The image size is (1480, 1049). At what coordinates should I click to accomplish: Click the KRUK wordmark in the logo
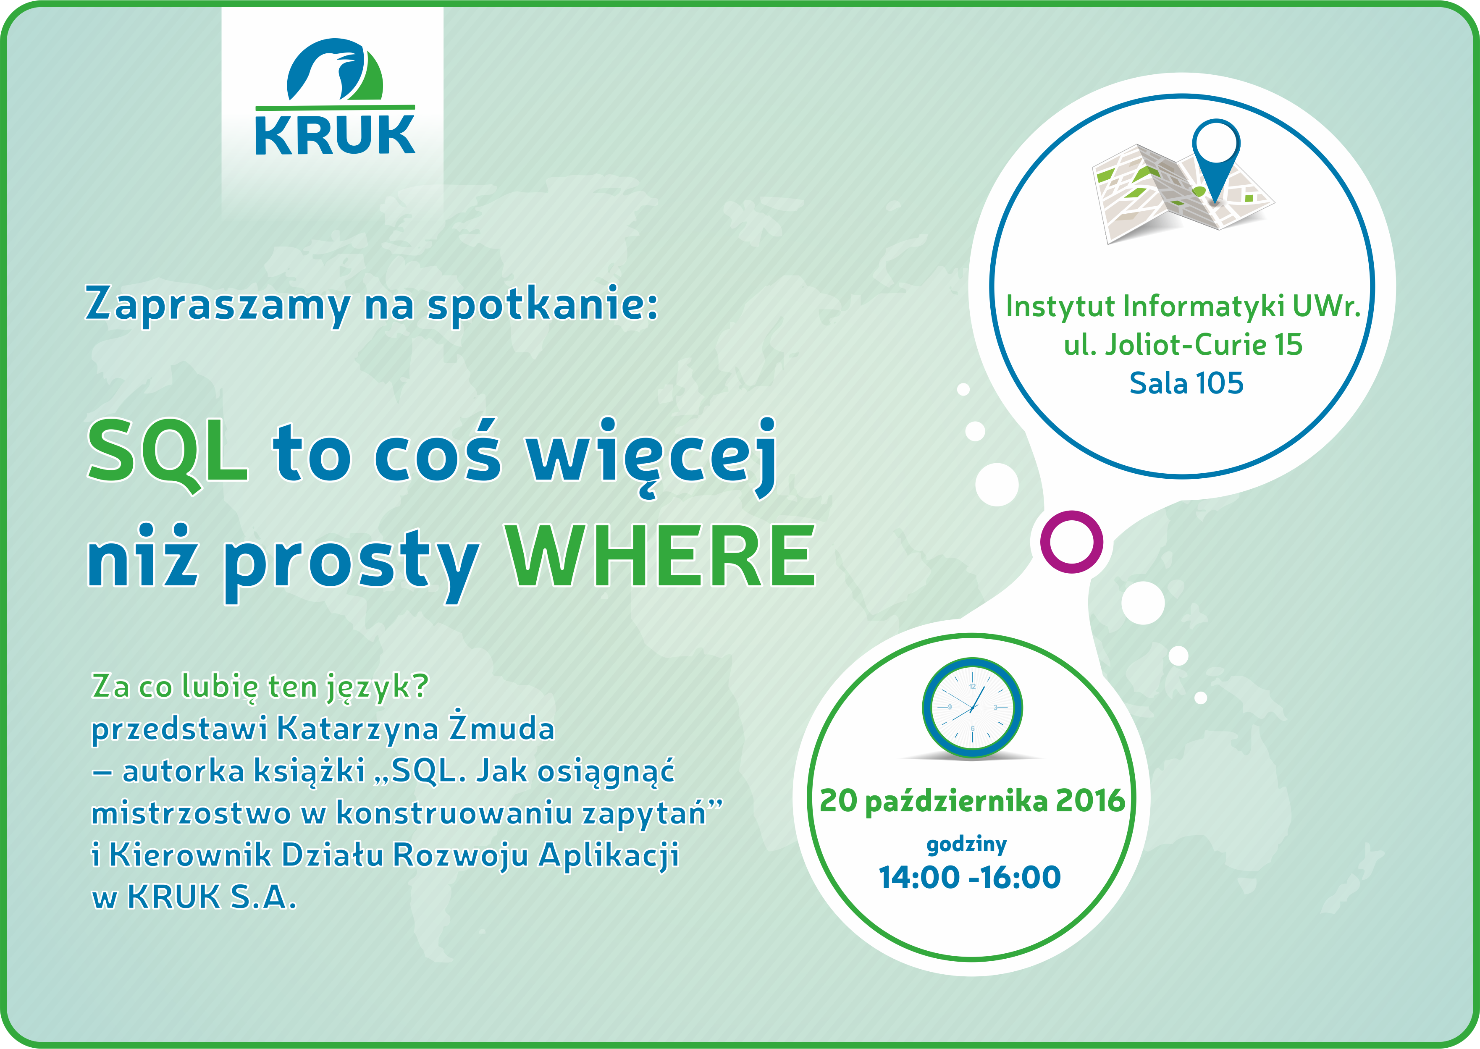[335, 135]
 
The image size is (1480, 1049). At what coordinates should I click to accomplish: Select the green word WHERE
[660, 556]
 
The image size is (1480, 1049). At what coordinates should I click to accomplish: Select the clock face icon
[972, 707]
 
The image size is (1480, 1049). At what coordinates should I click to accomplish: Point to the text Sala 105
[1186, 383]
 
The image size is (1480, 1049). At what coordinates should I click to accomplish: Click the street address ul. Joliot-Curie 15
[1183, 344]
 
